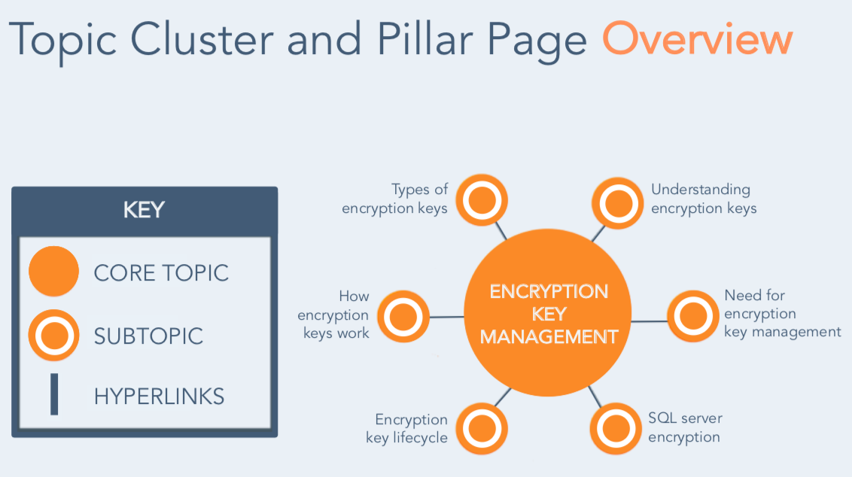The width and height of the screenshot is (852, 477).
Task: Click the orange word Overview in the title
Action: point(697,40)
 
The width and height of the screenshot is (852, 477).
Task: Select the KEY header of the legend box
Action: point(144,210)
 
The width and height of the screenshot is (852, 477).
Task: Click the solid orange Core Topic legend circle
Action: point(53,272)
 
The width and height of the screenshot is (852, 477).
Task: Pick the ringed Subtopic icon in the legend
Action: point(53,335)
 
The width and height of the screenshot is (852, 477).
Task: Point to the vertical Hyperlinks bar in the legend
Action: point(54,395)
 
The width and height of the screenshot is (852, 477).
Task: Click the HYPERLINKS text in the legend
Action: point(159,396)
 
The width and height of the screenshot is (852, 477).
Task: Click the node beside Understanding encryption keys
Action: point(619,202)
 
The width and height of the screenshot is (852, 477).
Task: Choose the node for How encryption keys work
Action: point(403,317)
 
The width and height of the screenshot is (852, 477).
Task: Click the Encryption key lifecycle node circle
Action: point(482,429)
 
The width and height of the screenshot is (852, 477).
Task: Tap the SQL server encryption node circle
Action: point(616,429)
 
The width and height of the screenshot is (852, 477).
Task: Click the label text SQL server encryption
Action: point(684,427)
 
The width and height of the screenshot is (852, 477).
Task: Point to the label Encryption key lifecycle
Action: point(407,428)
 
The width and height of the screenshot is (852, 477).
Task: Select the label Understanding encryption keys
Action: point(703,199)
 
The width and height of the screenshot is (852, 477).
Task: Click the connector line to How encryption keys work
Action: point(446,317)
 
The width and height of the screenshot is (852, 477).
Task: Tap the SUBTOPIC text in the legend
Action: point(148,336)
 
